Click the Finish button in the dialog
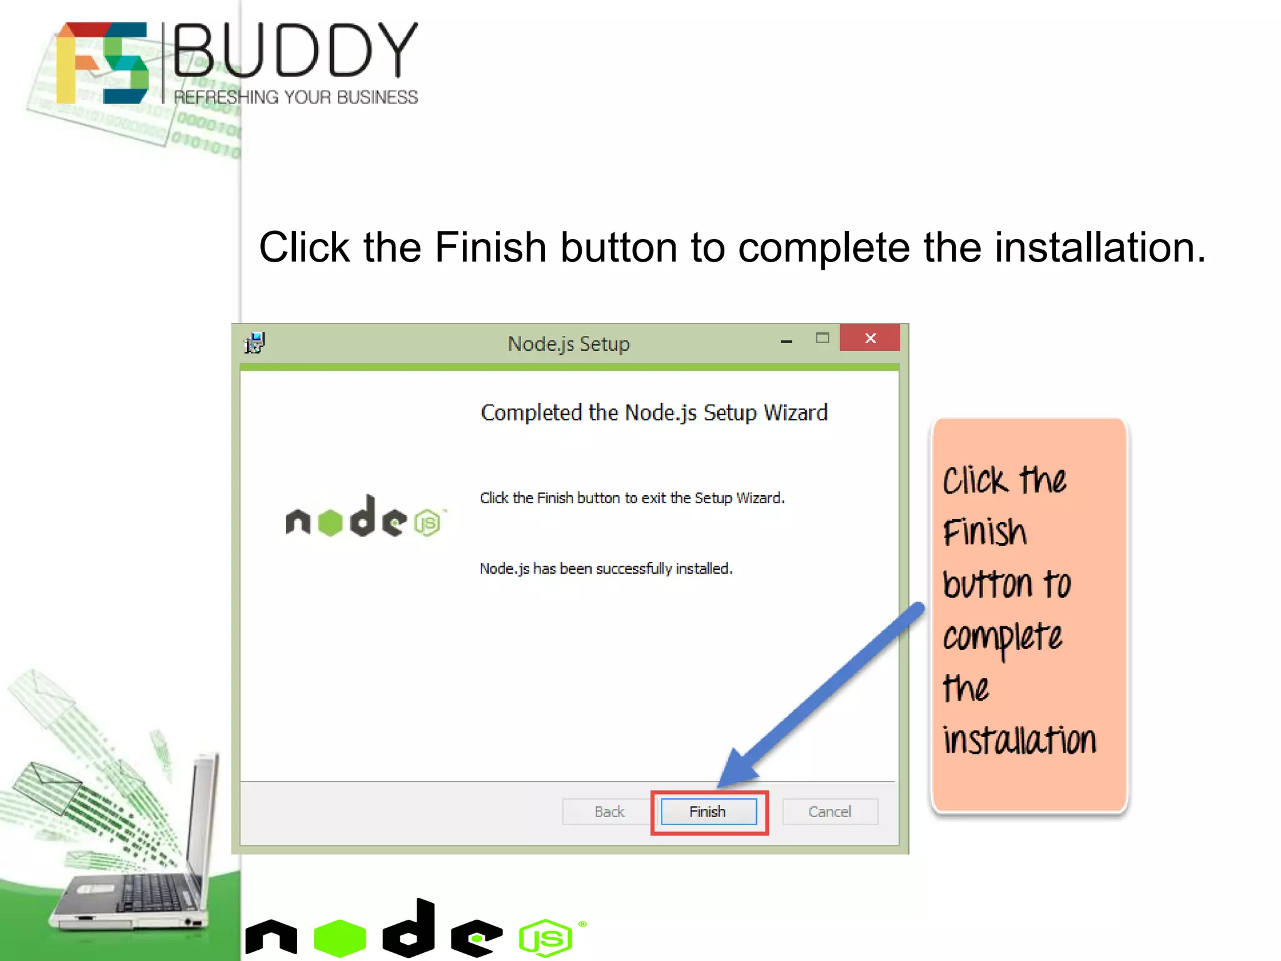tap(709, 811)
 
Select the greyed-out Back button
tap(609, 811)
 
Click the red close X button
tap(869, 338)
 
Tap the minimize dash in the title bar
tap(786, 341)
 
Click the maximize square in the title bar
tap(823, 338)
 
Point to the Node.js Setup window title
tap(568, 343)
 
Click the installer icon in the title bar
tap(255, 343)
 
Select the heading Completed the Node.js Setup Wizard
tap(654, 413)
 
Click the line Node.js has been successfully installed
tap(605, 568)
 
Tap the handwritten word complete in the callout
tap(1002, 637)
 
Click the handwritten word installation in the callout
tap(1020, 740)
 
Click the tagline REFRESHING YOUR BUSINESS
tap(296, 98)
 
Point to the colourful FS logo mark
tap(103, 63)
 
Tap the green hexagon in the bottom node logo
tap(340, 937)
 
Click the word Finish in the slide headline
tap(490, 247)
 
